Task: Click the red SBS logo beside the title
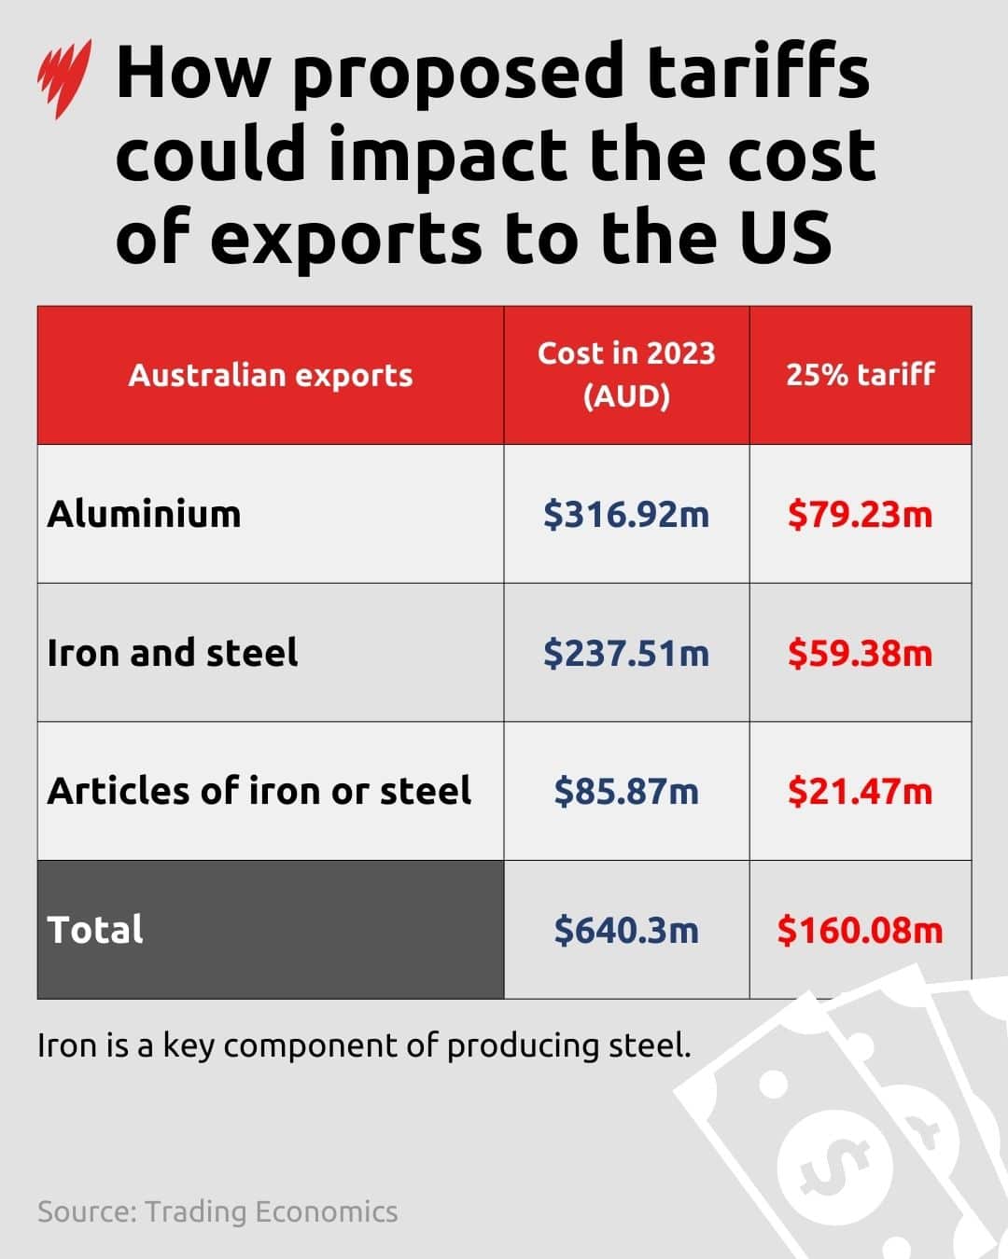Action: (x=63, y=78)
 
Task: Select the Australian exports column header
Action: (x=271, y=375)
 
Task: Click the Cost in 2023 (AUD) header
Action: (x=626, y=375)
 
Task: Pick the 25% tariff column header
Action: (x=860, y=375)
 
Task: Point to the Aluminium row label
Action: (x=145, y=514)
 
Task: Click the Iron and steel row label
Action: (x=173, y=653)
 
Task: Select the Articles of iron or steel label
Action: (x=259, y=791)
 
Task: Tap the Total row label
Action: (x=95, y=930)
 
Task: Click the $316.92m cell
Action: (x=626, y=514)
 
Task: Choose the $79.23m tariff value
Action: (x=860, y=514)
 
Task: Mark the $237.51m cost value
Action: (x=626, y=653)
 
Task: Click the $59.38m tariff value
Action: (x=860, y=653)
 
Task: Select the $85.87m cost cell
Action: (x=626, y=792)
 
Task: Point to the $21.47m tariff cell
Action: (x=860, y=792)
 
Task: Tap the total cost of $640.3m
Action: (x=626, y=930)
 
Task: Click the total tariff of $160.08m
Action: (x=860, y=930)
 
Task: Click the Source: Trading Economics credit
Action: (x=217, y=1211)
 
